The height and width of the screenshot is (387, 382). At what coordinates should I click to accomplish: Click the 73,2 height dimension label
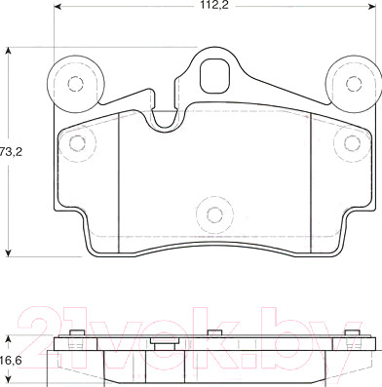click(x=11, y=152)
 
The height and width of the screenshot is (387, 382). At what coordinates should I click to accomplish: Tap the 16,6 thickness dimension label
click(x=11, y=360)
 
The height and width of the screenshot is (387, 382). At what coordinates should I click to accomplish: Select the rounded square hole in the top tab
click(x=215, y=76)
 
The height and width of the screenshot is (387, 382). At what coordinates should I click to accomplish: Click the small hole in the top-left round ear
click(x=76, y=84)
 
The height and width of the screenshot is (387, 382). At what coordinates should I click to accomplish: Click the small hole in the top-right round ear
click(x=354, y=84)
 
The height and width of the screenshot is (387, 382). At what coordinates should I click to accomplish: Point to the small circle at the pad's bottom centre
click(x=214, y=214)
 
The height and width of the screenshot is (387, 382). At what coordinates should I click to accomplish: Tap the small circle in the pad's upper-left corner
click(x=78, y=143)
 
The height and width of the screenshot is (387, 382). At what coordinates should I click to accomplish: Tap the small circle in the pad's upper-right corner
click(x=352, y=143)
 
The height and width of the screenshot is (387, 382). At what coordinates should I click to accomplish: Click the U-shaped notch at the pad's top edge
click(x=165, y=120)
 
